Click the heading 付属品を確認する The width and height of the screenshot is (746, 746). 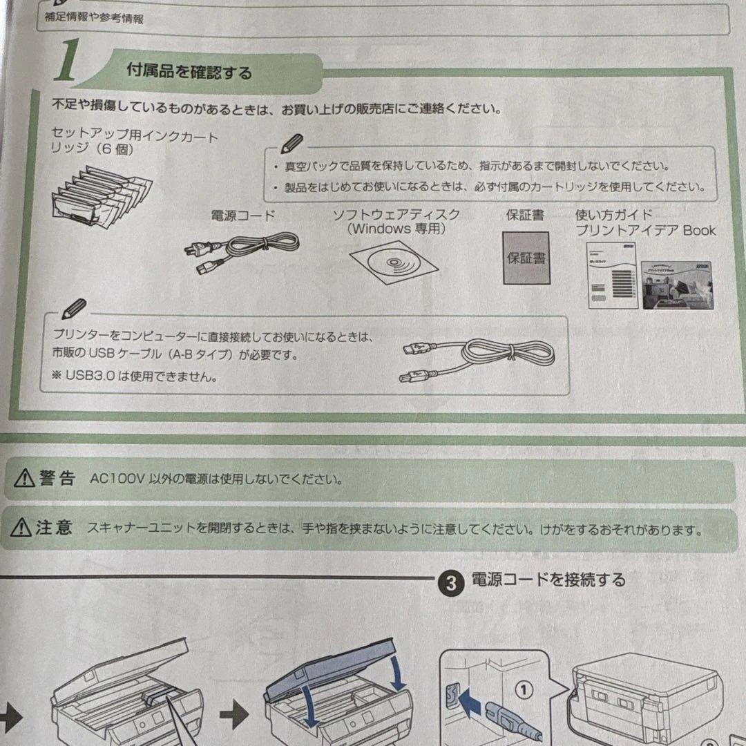[x=189, y=71]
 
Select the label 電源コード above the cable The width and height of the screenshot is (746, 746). [x=242, y=215]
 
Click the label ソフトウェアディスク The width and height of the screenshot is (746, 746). [x=396, y=214]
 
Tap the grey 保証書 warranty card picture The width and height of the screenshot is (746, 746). [x=526, y=258]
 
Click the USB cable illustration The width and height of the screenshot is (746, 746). [x=477, y=356]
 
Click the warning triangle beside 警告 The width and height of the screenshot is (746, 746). [x=25, y=478]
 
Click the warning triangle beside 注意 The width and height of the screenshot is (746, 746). [x=22, y=530]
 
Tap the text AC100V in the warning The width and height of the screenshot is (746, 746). [x=115, y=479]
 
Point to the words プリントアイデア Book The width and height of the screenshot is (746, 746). [x=645, y=231]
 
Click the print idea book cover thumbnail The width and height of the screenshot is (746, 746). [x=675, y=285]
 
